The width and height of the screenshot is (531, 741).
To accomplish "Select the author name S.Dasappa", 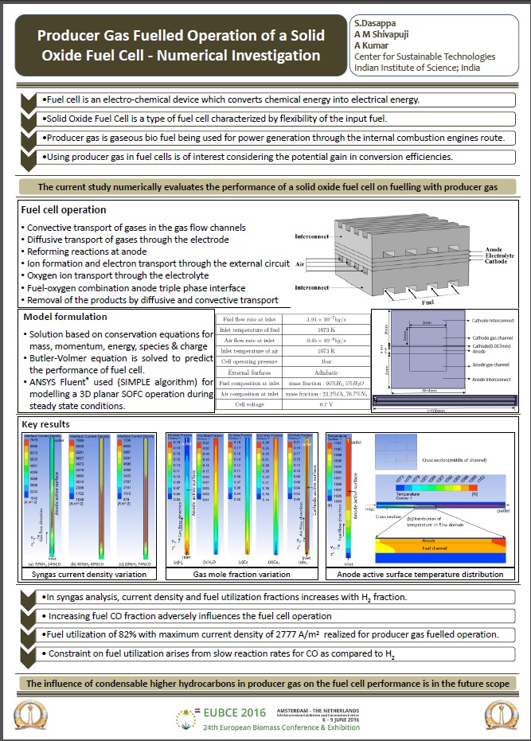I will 377,24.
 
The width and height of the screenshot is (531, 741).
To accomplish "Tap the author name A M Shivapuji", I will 384,35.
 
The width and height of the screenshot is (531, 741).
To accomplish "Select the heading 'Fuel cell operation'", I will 64,210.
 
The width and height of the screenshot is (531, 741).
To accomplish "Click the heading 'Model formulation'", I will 61,317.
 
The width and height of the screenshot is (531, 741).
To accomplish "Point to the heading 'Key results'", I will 46,424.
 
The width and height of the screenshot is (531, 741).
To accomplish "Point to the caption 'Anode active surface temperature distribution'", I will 420,574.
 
